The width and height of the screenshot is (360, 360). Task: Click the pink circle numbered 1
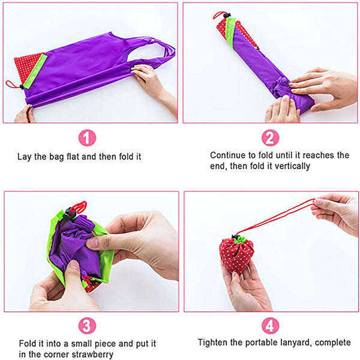point(87,138)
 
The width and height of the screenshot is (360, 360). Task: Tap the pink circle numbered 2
point(270,138)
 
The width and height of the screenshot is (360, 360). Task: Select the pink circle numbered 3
point(87,326)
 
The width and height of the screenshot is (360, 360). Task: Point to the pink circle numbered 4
point(270,326)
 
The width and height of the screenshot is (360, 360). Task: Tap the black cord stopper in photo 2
point(227,16)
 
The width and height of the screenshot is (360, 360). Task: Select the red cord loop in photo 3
point(79,206)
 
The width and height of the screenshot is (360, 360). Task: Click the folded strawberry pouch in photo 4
point(236,256)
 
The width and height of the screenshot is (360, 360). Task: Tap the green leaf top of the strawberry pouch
point(240,239)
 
